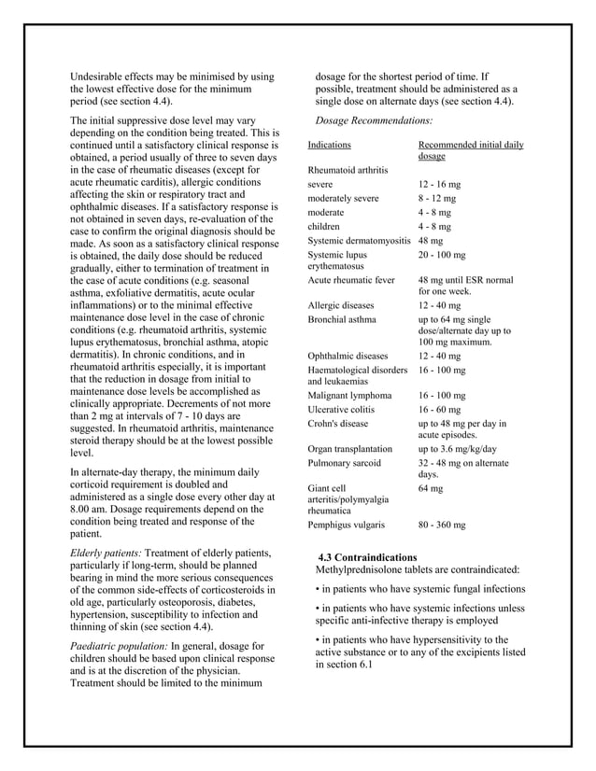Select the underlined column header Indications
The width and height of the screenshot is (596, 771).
click(x=329, y=146)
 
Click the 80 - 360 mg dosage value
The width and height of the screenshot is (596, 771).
click(x=442, y=525)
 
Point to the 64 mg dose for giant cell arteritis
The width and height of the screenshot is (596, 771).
click(x=430, y=488)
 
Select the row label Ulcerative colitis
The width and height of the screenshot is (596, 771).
click(x=341, y=409)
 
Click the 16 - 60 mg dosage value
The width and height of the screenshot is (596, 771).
click(x=439, y=409)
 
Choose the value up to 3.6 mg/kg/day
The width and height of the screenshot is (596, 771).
click(x=457, y=448)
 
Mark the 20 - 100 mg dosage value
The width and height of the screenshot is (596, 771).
click(x=442, y=254)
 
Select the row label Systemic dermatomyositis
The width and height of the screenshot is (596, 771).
click(x=359, y=241)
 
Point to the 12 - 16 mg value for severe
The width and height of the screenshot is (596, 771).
click(x=437, y=185)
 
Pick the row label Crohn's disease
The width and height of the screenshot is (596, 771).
click(x=339, y=423)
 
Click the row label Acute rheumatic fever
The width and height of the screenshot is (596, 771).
click(x=351, y=280)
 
